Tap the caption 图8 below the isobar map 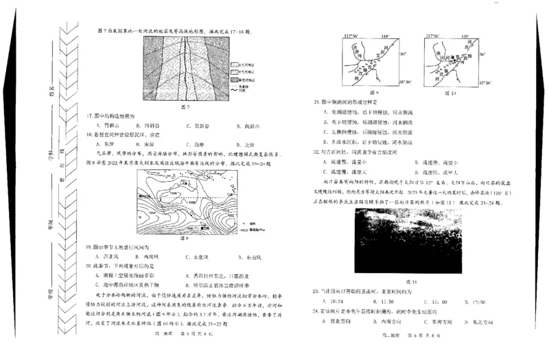(x=183, y=238)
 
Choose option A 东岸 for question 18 (x=105, y=145)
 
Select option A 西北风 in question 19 (x=107, y=256)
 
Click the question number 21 (x=316, y=101)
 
